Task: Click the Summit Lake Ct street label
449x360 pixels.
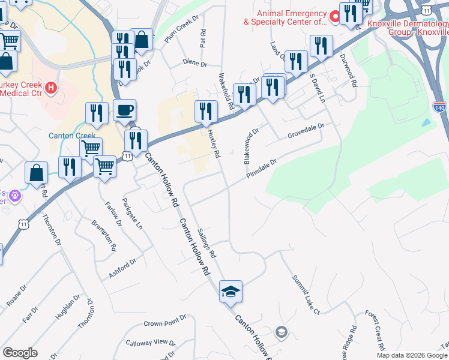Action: point(306,295)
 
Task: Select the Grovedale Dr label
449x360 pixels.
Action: point(306,131)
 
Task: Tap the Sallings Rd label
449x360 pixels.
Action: point(206,242)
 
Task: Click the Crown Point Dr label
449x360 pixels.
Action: point(161,323)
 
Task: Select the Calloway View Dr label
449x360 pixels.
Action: point(150,343)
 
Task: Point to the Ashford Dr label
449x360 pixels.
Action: point(123,267)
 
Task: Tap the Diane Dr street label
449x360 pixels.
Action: point(194,64)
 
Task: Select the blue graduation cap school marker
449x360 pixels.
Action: point(231,292)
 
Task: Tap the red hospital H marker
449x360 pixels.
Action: point(51,89)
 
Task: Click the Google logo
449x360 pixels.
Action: point(20,353)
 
